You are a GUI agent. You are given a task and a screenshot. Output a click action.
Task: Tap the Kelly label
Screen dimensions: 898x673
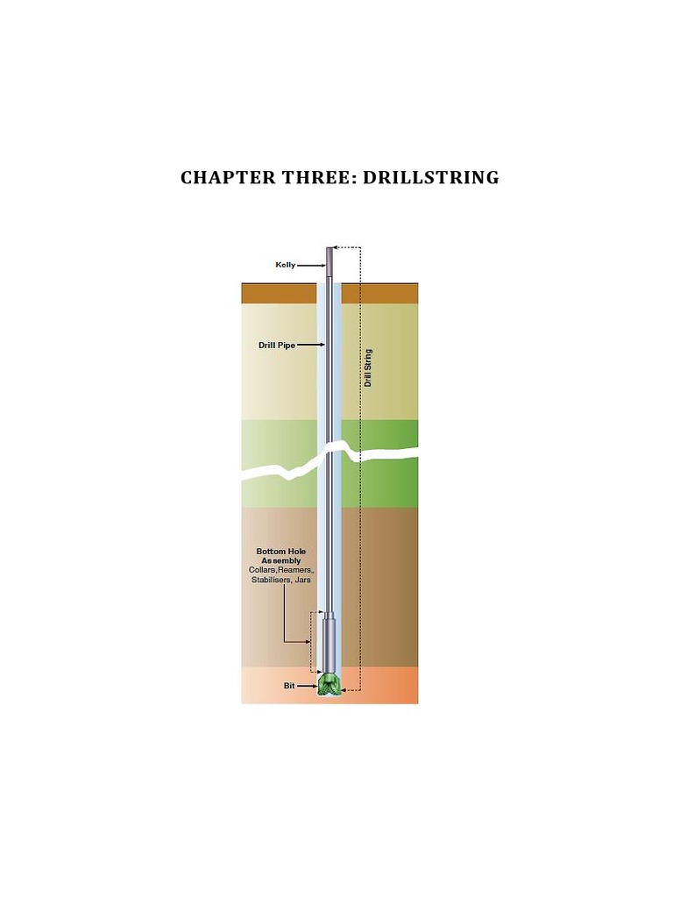286,264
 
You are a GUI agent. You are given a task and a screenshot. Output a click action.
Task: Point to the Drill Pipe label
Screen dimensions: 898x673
276,346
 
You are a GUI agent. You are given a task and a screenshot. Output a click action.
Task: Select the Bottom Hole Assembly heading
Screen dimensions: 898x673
280,556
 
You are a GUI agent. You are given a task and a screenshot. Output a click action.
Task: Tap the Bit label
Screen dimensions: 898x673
289,686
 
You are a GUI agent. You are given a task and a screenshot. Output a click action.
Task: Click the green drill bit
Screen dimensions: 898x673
329,685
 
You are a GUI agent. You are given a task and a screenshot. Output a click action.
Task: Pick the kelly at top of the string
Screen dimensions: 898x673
329,259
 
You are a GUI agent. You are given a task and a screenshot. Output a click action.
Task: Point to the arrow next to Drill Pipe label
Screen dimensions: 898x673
311,346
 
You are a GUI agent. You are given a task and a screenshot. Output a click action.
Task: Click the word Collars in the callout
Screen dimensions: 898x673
263,571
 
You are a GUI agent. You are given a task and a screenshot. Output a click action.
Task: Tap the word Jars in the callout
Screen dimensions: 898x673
304,581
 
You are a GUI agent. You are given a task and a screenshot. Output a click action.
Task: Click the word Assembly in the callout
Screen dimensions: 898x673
280,561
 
